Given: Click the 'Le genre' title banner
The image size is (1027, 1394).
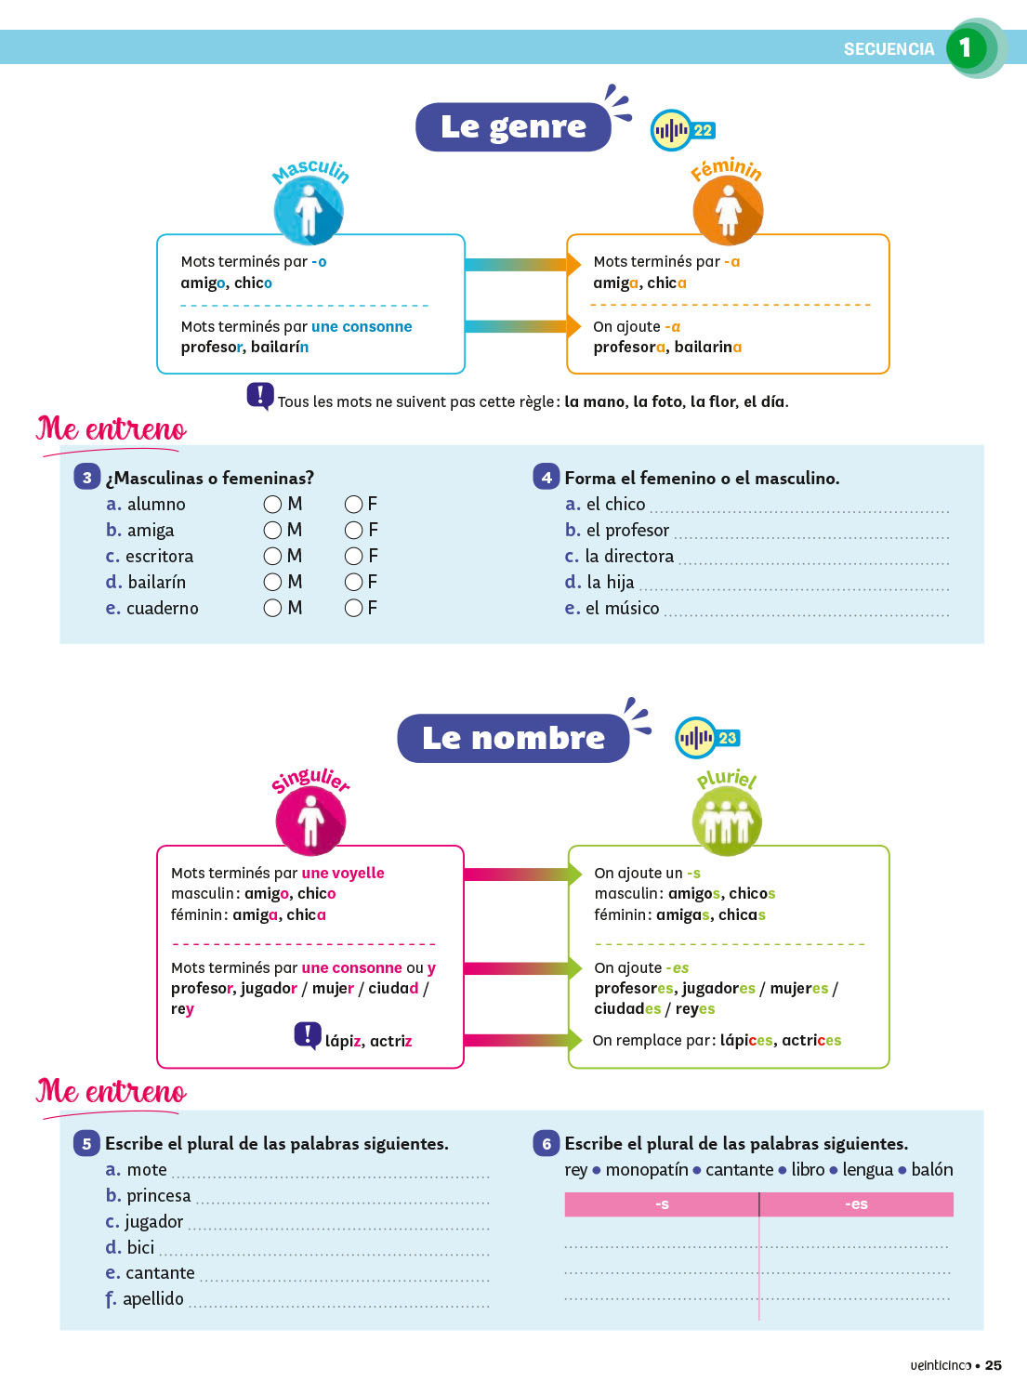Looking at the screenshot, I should tap(513, 126).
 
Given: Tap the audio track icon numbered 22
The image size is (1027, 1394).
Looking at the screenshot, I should tap(682, 131).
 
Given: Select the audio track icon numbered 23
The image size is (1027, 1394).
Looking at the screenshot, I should tap(706, 739).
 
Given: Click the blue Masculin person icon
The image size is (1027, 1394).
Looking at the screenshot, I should tap(309, 210).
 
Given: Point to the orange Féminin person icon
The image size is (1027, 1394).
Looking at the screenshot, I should tap(728, 210).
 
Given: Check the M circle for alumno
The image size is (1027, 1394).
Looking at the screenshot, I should tap(272, 504).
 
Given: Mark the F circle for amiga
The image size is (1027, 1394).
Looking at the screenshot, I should tap(353, 530).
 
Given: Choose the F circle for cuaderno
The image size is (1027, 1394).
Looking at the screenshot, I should tap(353, 608).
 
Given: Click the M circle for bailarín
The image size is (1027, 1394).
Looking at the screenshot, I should tap(272, 582).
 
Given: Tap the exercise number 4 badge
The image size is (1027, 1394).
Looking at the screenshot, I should tap(546, 477).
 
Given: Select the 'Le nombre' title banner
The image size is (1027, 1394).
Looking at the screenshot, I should tap(513, 738).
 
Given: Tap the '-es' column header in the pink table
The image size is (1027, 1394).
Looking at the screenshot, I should tap(856, 1204).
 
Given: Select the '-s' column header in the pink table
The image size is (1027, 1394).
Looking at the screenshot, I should tap(662, 1204).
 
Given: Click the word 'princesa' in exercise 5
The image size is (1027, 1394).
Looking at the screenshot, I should tap(159, 1195).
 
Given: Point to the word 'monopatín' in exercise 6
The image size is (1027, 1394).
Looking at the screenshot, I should tap(647, 1169).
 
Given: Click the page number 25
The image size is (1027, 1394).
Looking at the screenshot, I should tap(994, 1365).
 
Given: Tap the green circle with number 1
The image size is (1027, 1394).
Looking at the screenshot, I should tap(967, 47).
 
